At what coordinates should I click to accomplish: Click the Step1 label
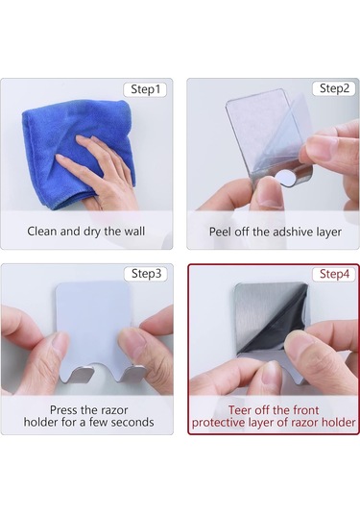pyautogui.click(x=145, y=89)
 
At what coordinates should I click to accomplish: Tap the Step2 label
pyautogui.click(x=334, y=88)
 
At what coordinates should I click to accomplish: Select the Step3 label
pyautogui.click(x=146, y=274)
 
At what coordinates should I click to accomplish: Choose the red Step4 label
pyautogui.click(x=334, y=275)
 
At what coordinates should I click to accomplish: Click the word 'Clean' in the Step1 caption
pyautogui.click(x=42, y=232)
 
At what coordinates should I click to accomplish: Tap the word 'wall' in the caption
pyautogui.click(x=134, y=232)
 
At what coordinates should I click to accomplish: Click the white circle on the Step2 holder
pyautogui.click(x=285, y=178)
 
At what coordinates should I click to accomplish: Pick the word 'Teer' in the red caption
pyautogui.click(x=240, y=410)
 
